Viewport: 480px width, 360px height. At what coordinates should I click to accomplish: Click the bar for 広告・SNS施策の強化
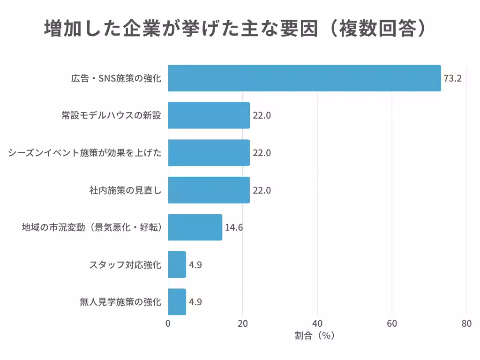304,78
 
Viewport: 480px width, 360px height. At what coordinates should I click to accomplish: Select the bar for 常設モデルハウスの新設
209,115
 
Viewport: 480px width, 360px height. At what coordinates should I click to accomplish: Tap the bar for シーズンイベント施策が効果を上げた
209,153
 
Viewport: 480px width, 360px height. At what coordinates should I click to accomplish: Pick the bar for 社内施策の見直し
209,190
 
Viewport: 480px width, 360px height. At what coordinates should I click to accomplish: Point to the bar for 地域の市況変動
195,227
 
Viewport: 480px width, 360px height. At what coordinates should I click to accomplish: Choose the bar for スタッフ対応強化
177,264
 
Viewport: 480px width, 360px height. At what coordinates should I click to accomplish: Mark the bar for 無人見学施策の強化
177,301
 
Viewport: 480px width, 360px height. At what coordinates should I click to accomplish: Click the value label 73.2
453,78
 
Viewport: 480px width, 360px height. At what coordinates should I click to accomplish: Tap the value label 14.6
234,228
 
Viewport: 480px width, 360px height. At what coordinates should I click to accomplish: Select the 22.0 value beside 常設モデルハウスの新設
262,116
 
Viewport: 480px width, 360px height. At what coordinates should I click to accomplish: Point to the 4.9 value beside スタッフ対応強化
195,265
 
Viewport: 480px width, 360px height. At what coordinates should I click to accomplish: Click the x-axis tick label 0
168,323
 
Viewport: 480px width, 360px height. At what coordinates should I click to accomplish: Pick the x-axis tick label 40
317,323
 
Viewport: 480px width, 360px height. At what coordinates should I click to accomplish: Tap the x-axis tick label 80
466,323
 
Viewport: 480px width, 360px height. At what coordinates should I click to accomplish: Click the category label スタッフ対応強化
125,265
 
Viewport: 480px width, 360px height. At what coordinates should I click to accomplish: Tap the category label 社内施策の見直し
125,190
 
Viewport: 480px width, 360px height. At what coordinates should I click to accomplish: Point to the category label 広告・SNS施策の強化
116,78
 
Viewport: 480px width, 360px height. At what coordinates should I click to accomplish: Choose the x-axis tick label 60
392,323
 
